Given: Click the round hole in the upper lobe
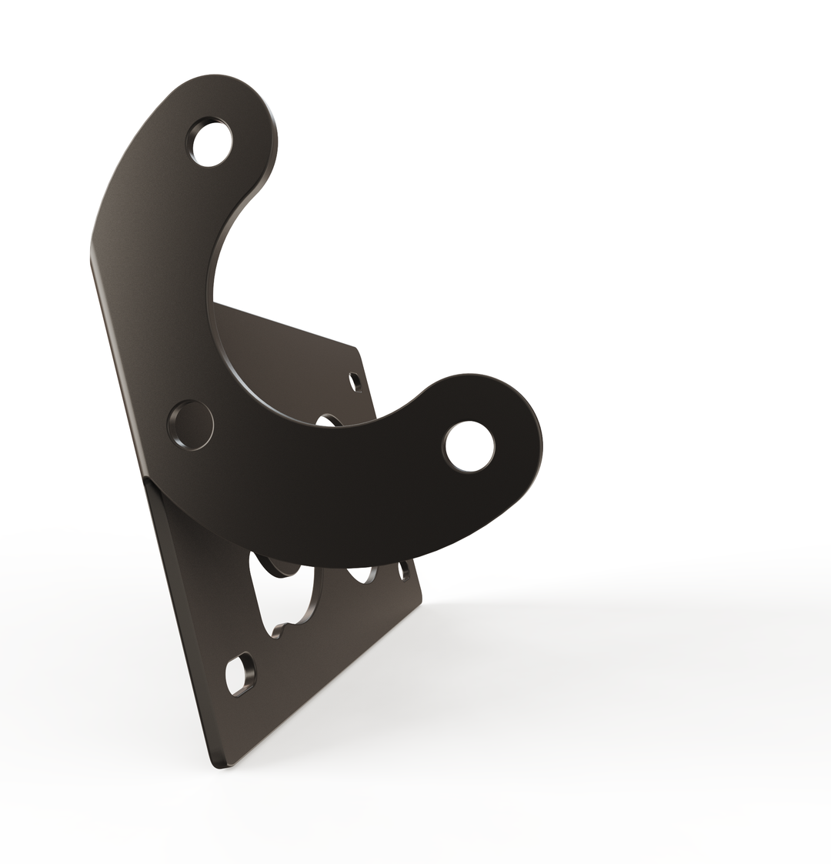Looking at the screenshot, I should click(209, 142).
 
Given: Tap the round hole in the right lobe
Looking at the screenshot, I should click(469, 446).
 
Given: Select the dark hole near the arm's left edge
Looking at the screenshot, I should click(190, 425).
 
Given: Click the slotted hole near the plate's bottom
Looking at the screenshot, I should click(241, 675).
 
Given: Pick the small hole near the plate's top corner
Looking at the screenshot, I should click(355, 382).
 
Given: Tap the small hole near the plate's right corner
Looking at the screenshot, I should click(402, 571).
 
